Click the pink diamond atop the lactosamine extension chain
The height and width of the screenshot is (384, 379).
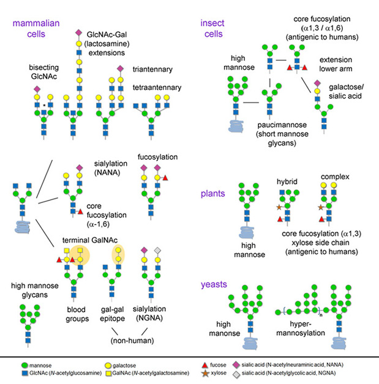coord(78,32)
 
